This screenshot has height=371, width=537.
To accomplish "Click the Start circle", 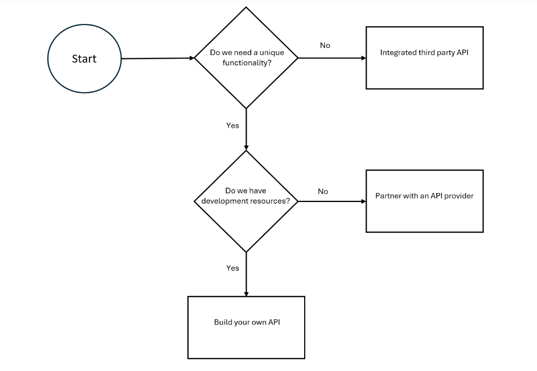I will [84, 59].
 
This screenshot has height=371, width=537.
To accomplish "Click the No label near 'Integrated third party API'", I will [325, 46].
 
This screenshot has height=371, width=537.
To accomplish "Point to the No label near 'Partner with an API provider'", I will [323, 191].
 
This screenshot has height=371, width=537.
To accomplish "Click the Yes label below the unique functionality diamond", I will [233, 126].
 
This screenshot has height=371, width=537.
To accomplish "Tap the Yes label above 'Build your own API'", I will [233, 268].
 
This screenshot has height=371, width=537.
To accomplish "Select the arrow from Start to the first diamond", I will [157, 58].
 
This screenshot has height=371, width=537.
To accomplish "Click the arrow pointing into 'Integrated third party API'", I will [331, 58].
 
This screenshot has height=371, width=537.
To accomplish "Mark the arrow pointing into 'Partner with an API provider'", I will [331, 201].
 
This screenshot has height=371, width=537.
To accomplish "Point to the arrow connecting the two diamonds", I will [246, 129].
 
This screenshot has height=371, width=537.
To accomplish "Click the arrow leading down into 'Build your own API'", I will [246, 274].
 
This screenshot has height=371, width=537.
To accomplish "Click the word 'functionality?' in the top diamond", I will [247, 62].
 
